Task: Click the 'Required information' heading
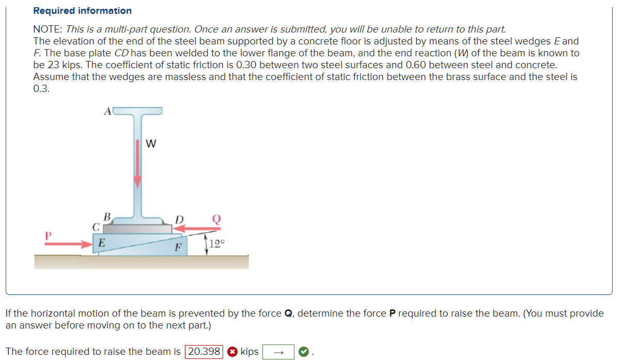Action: (x=82, y=11)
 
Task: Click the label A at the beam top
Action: (x=107, y=111)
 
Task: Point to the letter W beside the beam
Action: (x=151, y=144)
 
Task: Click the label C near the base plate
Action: (x=96, y=226)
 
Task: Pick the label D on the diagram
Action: (x=179, y=220)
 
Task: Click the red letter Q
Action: (x=216, y=219)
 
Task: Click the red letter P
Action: (x=48, y=236)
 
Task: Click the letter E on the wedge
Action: (x=102, y=242)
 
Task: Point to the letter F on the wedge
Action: (x=177, y=247)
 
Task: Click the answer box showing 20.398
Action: (x=204, y=352)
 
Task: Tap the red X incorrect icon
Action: (x=232, y=352)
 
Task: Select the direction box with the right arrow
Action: (x=278, y=352)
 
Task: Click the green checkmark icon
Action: (x=304, y=352)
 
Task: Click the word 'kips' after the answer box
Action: (x=249, y=352)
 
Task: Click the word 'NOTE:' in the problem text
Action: (x=48, y=29)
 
